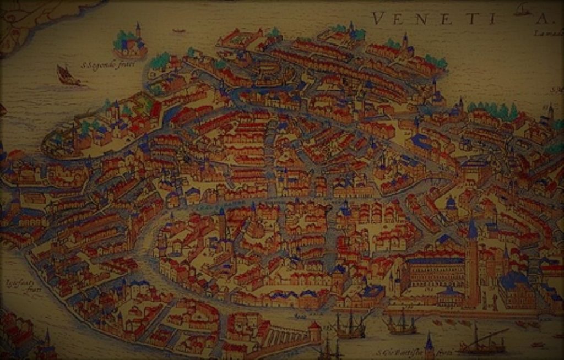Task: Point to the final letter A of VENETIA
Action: [543, 19]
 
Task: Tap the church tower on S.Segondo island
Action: [138, 31]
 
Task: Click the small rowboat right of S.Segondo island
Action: [178, 30]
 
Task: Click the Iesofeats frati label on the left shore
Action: [17, 285]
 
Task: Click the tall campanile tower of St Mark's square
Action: [471, 259]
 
